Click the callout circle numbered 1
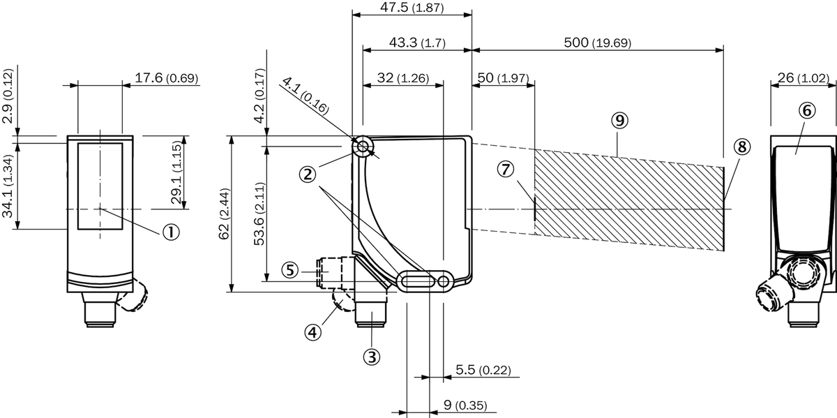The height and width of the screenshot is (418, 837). [171, 232]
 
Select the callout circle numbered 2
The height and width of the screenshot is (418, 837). [308, 174]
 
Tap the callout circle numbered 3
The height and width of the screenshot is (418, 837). [372, 357]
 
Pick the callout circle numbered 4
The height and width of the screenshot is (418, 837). [312, 332]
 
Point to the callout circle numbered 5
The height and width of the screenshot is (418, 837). [290, 270]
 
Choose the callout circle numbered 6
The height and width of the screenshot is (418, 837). [807, 110]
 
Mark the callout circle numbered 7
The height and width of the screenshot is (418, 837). [506, 170]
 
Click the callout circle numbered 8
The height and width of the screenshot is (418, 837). [742, 147]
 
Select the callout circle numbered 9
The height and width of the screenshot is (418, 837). [620, 120]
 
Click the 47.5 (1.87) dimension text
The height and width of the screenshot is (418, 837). [412, 7]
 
